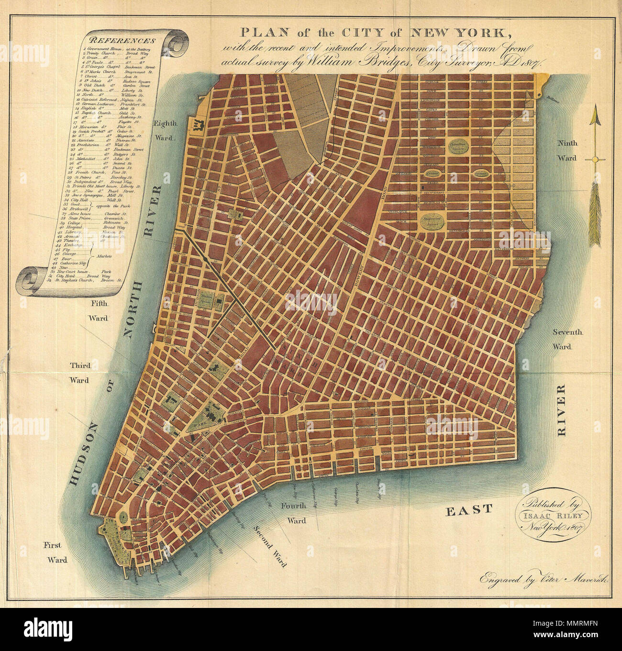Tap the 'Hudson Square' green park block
[x=208, y=301]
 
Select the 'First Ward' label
[x=56, y=552]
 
